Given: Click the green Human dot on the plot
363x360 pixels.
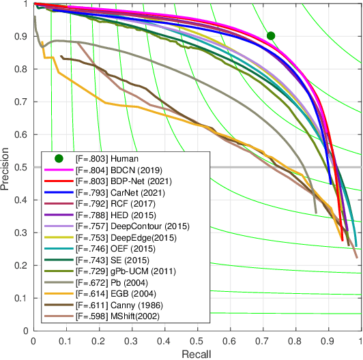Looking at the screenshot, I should (271, 35).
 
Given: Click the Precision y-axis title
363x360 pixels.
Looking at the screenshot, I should (7, 166).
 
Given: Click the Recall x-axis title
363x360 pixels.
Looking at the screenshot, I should (197, 353).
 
